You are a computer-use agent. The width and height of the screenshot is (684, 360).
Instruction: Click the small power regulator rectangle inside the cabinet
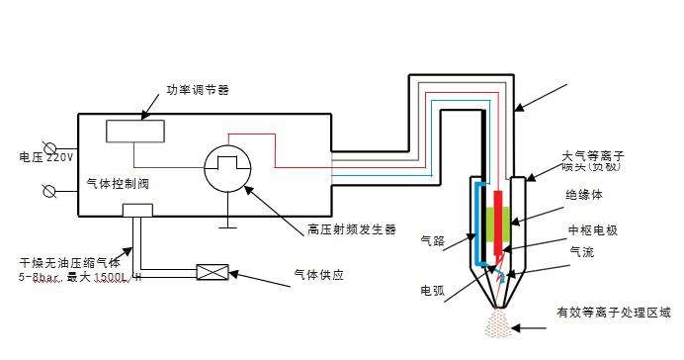click(x=135, y=131)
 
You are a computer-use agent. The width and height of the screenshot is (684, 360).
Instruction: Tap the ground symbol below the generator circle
click(x=229, y=224)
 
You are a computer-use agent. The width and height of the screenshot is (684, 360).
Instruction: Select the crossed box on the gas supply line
click(x=214, y=271)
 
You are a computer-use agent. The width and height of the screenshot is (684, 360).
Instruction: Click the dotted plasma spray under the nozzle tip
click(x=499, y=323)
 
